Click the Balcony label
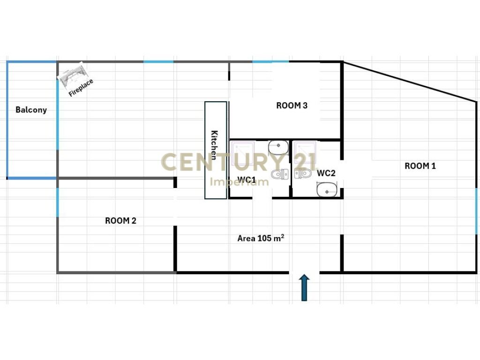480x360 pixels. [31, 110]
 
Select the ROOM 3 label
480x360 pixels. [292, 105]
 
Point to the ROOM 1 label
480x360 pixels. [420, 165]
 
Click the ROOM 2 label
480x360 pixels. [120, 221]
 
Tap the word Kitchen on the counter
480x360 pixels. [215, 145]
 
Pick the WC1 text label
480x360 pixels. [247, 180]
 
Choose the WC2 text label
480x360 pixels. [326, 173]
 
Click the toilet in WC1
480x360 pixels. [280, 175]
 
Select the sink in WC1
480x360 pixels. [278, 148]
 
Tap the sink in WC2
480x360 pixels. [326, 190]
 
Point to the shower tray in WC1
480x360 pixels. [243, 153]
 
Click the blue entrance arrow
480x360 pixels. [304, 287]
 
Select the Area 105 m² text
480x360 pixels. [261, 238]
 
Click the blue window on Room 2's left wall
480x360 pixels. [57, 202]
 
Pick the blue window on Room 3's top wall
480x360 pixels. [270, 61]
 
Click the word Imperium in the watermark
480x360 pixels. [239, 181]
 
